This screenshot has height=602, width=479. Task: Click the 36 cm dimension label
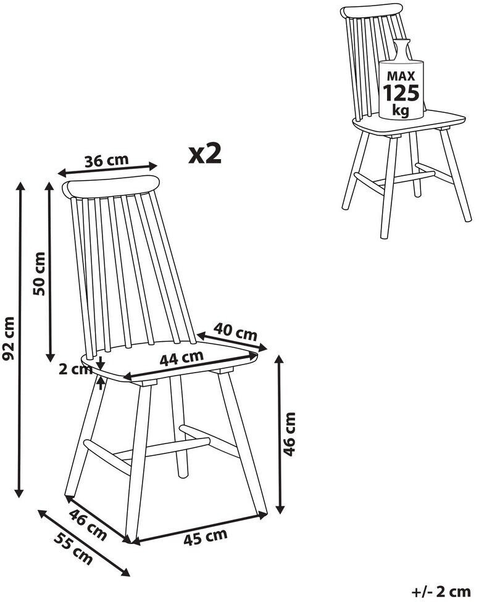click(106, 160)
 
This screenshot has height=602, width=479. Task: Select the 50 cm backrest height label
click(39, 273)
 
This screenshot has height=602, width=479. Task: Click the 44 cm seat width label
click(181, 358)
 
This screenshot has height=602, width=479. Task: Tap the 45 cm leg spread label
click(205, 537)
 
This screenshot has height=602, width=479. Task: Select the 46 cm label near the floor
click(88, 524)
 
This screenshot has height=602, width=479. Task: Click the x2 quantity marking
click(205, 154)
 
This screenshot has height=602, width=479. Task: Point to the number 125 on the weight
click(401, 93)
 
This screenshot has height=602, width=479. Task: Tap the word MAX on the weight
click(401, 76)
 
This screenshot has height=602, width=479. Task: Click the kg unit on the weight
click(401, 110)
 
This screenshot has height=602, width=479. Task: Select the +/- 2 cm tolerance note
click(441, 592)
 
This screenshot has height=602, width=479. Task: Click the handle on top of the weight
click(401, 49)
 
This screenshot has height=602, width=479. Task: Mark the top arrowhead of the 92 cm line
click(20, 187)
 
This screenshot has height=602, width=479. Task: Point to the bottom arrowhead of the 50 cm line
click(49, 357)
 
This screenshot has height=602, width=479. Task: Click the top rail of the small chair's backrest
click(371, 10)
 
